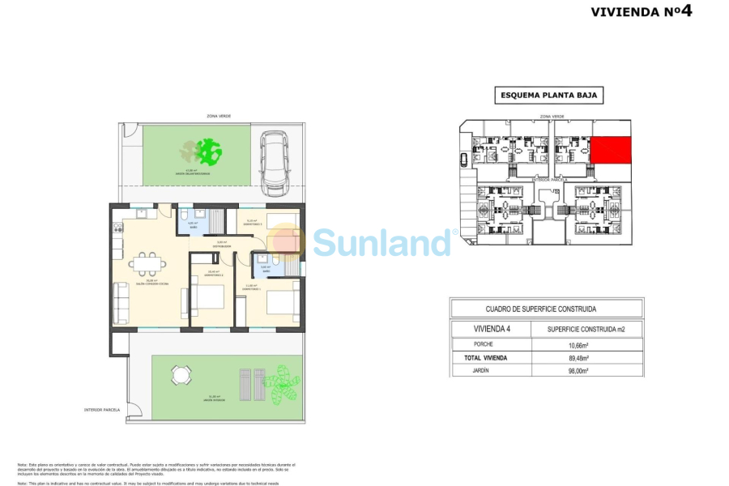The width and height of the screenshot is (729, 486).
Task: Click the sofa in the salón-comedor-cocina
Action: [122, 302]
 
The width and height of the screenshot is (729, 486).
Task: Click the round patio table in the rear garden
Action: [181, 375]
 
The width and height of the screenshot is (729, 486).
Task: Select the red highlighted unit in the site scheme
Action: [610, 150]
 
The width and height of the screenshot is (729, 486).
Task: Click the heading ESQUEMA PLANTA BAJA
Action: [549, 96]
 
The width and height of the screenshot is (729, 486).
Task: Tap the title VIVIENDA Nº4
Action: [642, 11]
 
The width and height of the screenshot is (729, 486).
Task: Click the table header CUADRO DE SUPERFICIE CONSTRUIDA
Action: [547, 309]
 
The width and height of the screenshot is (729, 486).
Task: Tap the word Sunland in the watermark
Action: [382, 241]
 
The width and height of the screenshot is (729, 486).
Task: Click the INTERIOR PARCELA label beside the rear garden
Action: [101, 410]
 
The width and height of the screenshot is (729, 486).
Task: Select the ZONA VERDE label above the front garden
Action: [219, 117]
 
